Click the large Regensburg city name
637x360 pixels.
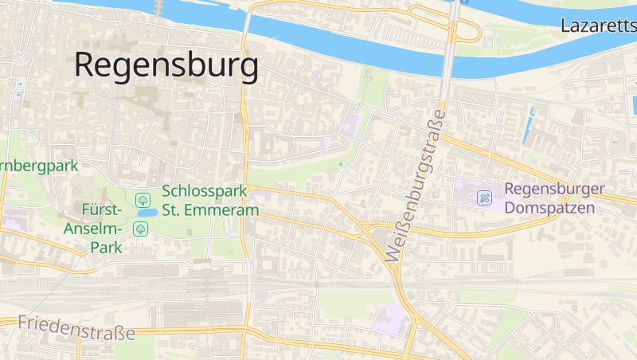166,65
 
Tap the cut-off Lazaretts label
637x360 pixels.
598,25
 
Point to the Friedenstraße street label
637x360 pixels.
76,327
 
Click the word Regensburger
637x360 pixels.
555,191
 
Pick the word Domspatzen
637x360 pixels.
550,209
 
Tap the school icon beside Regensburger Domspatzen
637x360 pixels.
484,198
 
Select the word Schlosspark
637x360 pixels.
205,192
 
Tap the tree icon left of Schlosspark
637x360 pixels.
142,198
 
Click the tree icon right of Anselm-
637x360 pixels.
140,229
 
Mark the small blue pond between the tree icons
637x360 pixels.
146,213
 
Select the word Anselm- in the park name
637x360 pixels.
93,229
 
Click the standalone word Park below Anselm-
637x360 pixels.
105,247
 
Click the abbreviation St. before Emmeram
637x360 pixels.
174,210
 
